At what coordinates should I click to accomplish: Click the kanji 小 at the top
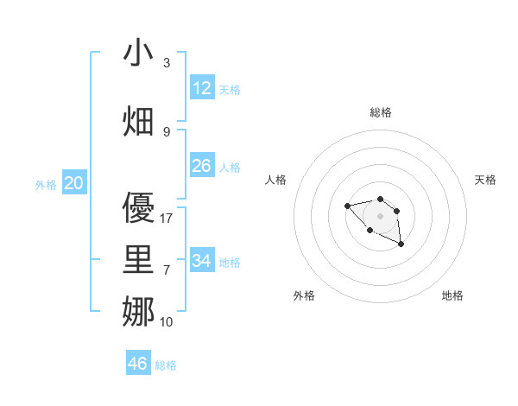tap(139, 53)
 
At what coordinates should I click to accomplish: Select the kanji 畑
tap(139, 122)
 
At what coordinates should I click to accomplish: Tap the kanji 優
tap(139, 208)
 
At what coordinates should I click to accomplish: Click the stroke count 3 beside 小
tap(166, 63)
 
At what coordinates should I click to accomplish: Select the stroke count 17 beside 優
tap(167, 219)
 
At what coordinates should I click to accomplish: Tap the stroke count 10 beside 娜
tap(167, 322)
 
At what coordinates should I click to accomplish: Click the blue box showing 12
tap(202, 87)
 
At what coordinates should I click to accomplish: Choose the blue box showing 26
tap(202, 165)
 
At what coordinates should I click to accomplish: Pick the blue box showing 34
tap(202, 260)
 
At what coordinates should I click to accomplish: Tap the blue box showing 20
tap(74, 182)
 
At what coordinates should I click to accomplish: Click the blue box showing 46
tap(138, 364)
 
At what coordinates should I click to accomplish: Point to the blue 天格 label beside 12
tap(230, 89)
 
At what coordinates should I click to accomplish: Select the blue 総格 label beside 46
tap(166, 365)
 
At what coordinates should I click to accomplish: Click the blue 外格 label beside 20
tap(46, 184)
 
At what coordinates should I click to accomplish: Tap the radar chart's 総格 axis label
tap(381, 112)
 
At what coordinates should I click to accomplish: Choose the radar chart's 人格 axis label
tap(275, 180)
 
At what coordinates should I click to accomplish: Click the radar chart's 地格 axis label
tap(452, 295)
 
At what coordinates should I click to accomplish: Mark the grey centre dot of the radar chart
tap(380, 216)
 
